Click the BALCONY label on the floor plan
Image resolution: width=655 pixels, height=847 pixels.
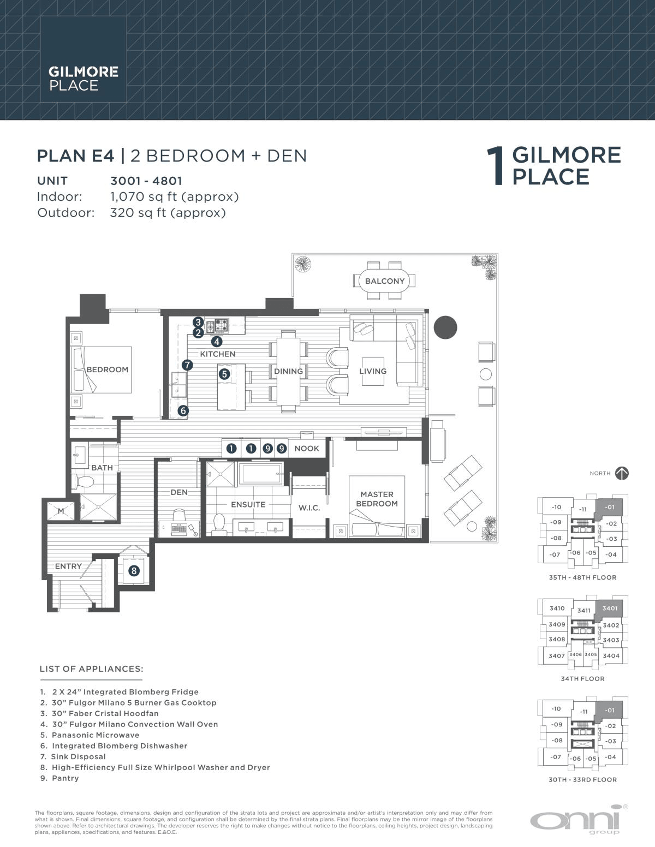coord(385,281)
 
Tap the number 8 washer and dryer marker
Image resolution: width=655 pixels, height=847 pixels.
coord(134,571)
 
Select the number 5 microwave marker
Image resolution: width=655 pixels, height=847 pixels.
coord(224,374)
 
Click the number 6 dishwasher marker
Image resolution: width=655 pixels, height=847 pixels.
coord(183,410)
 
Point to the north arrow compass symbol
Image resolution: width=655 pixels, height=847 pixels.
coord(622,473)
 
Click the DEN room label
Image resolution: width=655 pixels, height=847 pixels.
coord(179,492)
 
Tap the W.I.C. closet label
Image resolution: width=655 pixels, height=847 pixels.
coord(309,508)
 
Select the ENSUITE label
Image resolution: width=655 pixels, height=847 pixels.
coord(248,504)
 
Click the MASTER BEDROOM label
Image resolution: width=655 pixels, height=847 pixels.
coord(377,499)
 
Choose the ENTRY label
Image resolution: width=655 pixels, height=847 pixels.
coord(68,566)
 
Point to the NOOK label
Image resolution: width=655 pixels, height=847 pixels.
coord(307,449)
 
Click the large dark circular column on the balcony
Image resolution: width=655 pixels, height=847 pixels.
coord(445,327)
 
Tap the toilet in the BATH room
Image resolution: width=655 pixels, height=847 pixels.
coord(84,482)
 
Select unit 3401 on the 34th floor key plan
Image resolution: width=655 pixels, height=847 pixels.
coord(610,608)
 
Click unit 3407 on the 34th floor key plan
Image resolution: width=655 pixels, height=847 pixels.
coord(556,655)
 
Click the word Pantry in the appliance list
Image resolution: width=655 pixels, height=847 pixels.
coord(65,778)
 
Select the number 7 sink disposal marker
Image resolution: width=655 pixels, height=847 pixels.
coord(187,365)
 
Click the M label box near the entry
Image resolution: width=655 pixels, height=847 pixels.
coord(61,511)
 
